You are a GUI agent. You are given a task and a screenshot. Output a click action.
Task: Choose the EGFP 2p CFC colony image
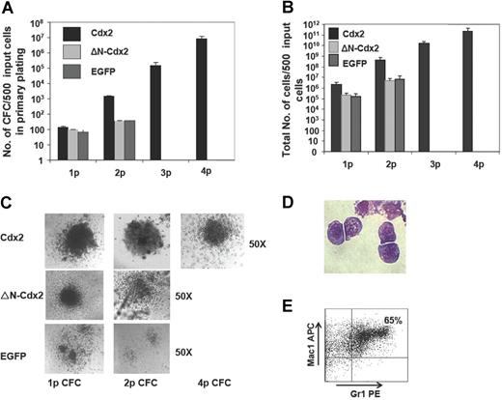click(x=149, y=352)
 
